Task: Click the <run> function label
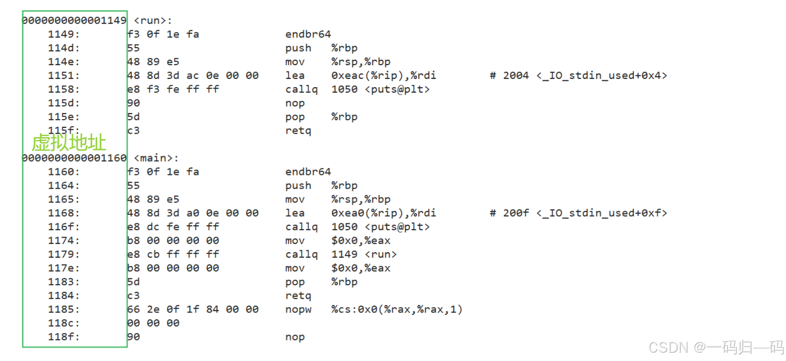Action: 152,21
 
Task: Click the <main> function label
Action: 156,158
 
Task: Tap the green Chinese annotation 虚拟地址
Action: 69,143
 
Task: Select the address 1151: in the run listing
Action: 63,75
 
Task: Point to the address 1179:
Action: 63,254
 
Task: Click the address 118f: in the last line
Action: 63,337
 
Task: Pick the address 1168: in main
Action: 63,213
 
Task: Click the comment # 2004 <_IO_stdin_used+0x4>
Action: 578,75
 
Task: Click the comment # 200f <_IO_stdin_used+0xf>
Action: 578,213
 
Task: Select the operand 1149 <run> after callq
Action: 364,254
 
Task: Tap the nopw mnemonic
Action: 298,310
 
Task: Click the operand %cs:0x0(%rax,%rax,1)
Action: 397,310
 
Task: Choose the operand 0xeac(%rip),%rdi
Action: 383,75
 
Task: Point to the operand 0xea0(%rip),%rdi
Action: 383,213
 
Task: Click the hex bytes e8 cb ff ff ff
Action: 173,254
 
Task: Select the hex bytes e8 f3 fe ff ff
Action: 173,89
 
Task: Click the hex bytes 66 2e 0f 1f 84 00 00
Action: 192,310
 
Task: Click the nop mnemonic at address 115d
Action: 295,103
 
